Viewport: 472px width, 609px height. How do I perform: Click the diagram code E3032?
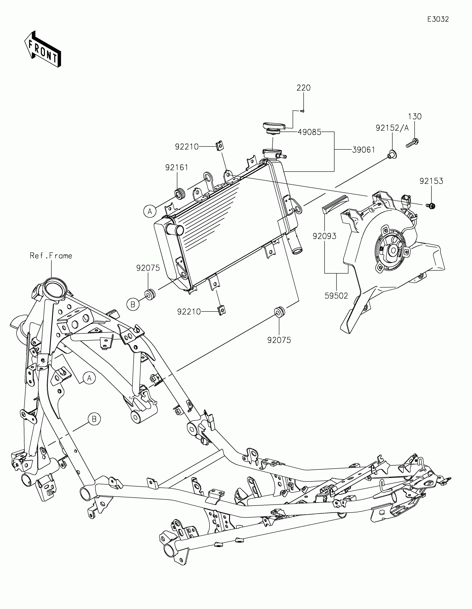click(438, 19)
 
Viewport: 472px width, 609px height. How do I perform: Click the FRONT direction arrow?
click(43, 49)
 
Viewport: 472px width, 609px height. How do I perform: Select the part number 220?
click(303, 88)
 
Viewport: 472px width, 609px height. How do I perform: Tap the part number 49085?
click(309, 132)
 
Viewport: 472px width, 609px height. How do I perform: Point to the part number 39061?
click(363, 150)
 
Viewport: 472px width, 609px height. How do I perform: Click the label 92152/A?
click(392, 128)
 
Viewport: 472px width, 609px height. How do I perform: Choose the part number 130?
click(415, 116)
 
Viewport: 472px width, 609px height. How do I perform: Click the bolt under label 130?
click(412, 143)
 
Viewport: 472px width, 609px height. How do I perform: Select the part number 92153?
click(431, 181)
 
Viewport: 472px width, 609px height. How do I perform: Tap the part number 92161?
click(177, 168)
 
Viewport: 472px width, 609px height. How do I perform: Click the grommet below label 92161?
click(180, 194)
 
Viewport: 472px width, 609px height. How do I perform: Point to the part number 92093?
click(324, 236)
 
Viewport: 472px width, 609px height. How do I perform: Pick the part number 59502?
click(336, 296)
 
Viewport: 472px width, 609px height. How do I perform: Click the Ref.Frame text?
click(51, 256)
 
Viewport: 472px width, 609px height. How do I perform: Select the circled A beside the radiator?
click(150, 211)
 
